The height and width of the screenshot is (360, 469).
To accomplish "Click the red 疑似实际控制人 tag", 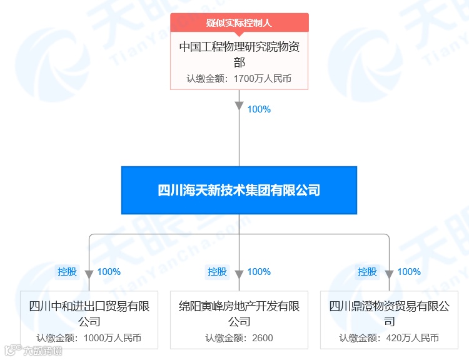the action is [x=239, y=23].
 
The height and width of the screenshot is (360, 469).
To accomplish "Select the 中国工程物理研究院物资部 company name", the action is [x=239, y=54].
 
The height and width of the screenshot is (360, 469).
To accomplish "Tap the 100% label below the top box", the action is [x=259, y=109].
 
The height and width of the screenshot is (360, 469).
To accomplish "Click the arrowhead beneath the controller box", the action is [x=239, y=104].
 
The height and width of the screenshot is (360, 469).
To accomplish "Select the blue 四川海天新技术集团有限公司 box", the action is [x=239, y=190].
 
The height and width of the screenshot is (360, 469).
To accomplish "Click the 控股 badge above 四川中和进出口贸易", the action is [x=68, y=272].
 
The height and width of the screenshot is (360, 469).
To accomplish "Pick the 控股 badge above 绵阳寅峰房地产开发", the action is [x=218, y=272].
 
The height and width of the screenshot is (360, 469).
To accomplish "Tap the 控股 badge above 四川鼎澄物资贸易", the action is [x=368, y=272].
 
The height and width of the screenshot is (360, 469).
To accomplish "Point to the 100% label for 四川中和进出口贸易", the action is [x=109, y=272].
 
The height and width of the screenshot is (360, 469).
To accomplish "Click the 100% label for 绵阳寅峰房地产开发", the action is [x=259, y=272].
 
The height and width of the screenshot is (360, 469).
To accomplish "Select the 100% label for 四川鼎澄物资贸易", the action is [x=409, y=272].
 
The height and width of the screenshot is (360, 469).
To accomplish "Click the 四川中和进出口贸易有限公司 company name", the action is [x=89, y=314].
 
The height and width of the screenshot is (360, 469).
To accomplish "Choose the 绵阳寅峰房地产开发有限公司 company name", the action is [x=239, y=314].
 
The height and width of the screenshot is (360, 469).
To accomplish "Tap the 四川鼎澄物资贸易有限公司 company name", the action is [x=389, y=314].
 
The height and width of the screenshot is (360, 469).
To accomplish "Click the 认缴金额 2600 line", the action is [x=239, y=338].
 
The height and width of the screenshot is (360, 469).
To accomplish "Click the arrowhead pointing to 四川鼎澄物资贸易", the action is [x=389, y=274].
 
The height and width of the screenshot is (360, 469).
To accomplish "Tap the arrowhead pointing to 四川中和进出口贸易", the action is [x=89, y=274].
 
